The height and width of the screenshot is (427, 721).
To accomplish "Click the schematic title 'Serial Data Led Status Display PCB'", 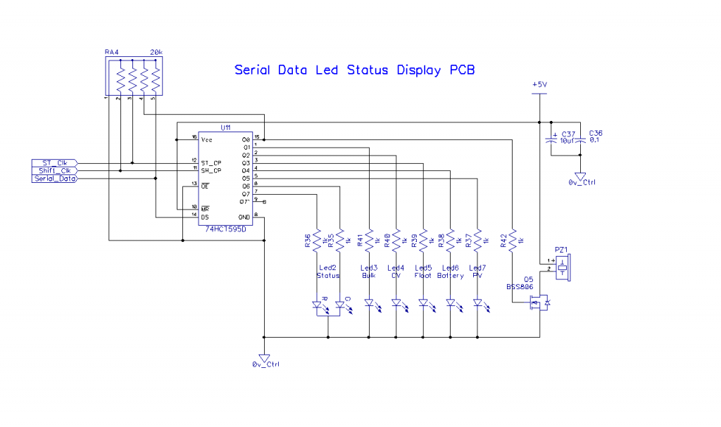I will [355, 70].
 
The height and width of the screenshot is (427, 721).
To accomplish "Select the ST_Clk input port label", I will [54, 163].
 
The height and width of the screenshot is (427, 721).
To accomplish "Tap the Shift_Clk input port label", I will [54, 171].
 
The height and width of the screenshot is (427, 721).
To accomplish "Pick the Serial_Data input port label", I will [54, 179].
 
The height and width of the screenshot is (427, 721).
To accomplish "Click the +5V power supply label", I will [539, 84].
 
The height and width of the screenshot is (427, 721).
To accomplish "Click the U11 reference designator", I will [225, 128].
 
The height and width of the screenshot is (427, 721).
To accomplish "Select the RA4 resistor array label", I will [111, 53].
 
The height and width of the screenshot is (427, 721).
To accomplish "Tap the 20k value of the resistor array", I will [156, 53].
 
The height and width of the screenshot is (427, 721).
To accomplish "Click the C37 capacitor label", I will [569, 133].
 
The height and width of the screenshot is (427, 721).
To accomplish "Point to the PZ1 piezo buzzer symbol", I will [563, 268].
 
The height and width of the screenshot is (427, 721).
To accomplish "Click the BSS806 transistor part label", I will [520, 287].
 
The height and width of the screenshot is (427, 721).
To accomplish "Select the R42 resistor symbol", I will [513, 241].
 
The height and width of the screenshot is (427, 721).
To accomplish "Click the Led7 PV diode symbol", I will [477, 303].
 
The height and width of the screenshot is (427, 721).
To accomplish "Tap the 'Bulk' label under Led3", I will [369, 276].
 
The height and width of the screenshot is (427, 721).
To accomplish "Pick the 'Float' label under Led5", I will [423, 276].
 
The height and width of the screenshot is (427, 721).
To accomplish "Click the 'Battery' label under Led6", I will [451, 276].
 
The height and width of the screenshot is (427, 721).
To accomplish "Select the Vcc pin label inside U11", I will [207, 140].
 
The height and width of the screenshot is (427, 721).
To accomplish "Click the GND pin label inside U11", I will [244, 217].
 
